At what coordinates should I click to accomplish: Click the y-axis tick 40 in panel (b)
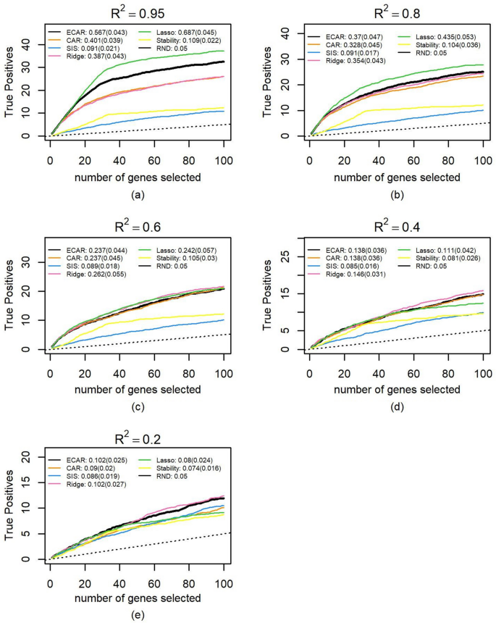(x=286, y=33)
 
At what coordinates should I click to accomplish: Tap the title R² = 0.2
(x=137, y=437)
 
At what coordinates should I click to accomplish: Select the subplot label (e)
(x=137, y=614)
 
